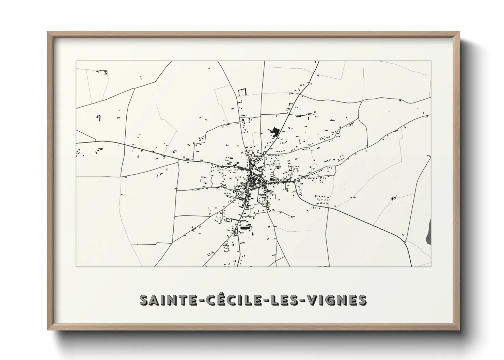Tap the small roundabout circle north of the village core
pos(264,153)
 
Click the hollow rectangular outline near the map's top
pos(241,92)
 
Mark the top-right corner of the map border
pos(431,61)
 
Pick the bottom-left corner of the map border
pos(76,266)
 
